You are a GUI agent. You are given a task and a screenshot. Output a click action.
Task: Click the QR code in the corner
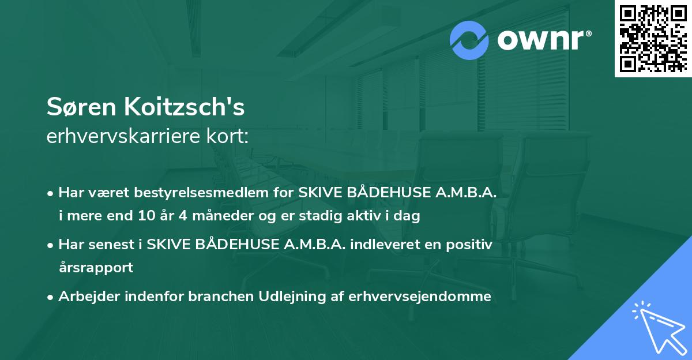(652, 38)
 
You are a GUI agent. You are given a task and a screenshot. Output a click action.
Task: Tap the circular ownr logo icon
(469, 40)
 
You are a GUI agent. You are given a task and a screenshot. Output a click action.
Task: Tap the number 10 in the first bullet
(146, 216)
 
